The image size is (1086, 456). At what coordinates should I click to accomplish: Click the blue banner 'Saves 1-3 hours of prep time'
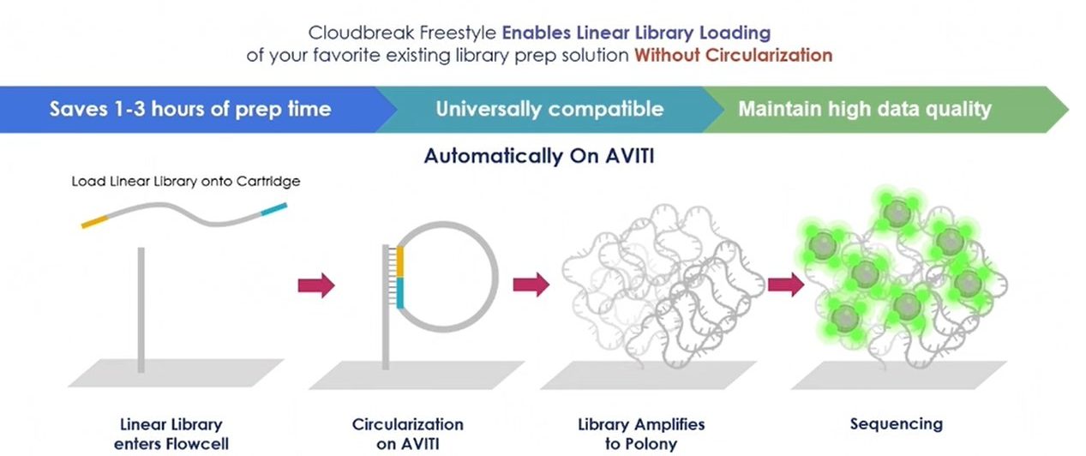tap(189, 109)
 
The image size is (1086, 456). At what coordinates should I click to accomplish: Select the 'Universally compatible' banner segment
tap(549, 109)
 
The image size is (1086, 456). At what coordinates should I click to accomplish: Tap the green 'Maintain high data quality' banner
tap(864, 109)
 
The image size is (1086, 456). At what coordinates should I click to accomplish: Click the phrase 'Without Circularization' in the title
tap(733, 55)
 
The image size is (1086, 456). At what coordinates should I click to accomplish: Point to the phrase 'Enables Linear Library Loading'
tap(636, 33)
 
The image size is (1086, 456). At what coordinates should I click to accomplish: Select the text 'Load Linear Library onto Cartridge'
tap(185, 182)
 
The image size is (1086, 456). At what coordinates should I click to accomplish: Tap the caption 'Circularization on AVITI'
tap(407, 434)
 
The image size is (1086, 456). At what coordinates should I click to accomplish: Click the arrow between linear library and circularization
tap(315, 285)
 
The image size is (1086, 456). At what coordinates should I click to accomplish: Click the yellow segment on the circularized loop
tap(400, 260)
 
